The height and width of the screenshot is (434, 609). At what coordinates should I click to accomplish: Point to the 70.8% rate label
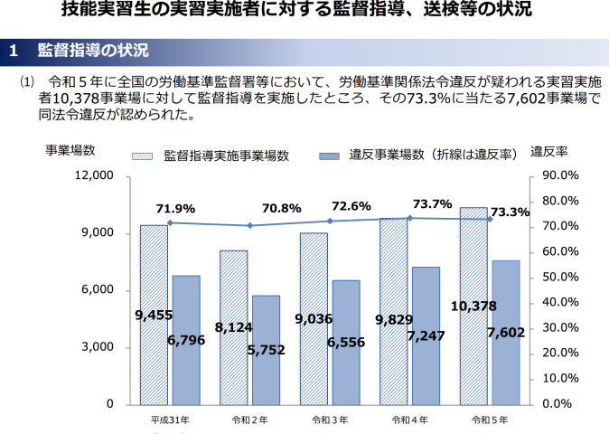(x=281, y=208)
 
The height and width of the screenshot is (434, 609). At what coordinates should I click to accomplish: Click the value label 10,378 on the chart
(x=473, y=307)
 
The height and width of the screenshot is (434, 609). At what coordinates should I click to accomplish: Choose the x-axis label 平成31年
(x=170, y=420)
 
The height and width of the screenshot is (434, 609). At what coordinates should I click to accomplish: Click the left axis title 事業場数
(x=70, y=151)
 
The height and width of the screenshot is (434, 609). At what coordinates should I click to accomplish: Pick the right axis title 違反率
(x=548, y=151)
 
